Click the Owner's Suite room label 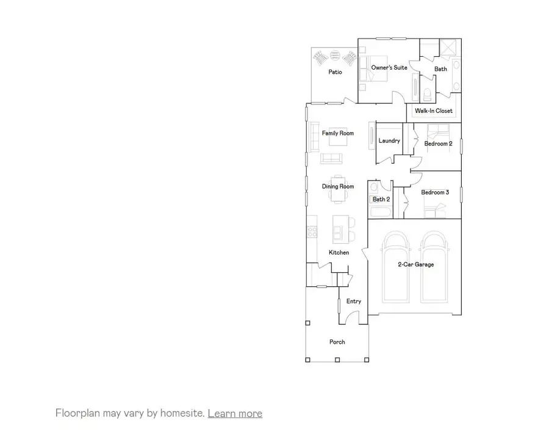pyautogui.click(x=389, y=68)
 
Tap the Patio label pyautogui.click(x=335, y=72)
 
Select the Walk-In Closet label pyautogui.click(x=434, y=111)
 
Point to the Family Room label pyautogui.click(x=338, y=133)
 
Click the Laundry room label pyautogui.click(x=389, y=141)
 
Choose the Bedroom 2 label pyautogui.click(x=438, y=144)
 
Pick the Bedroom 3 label pyautogui.click(x=435, y=192)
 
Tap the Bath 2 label pyautogui.click(x=381, y=199)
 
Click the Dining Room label pyautogui.click(x=338, y=186)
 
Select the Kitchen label pyautogui.click(x=339, y=252)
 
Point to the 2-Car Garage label pyautogui.click(x=416, y=264)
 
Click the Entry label pyautogui.click(x=354, y=301)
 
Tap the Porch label pyautogui.click(x=337, y=342)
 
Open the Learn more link pyautogui.click(x=235, y=413)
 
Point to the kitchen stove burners pyautogui.click(x=311, y=231)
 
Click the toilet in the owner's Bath pyautogui.click(x=428, y=93)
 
